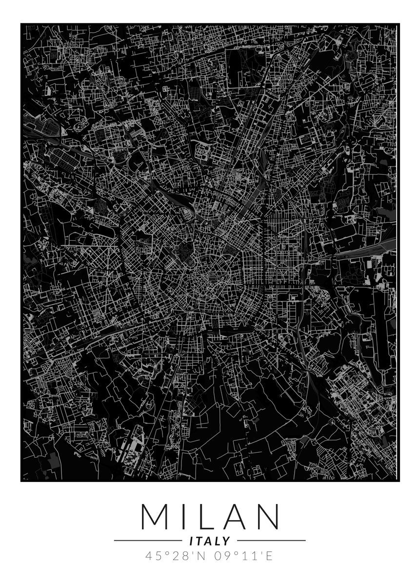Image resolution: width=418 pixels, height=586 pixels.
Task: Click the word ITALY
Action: pos(209,541)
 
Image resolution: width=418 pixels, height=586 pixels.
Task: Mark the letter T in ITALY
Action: pos(200,541)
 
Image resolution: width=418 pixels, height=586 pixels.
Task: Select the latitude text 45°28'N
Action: pos(174,556)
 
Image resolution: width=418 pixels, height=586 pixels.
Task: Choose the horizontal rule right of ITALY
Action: pos(271,541)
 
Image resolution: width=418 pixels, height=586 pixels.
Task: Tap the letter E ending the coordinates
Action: pos(270,556)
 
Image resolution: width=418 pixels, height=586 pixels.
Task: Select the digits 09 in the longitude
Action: pos(219,556)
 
